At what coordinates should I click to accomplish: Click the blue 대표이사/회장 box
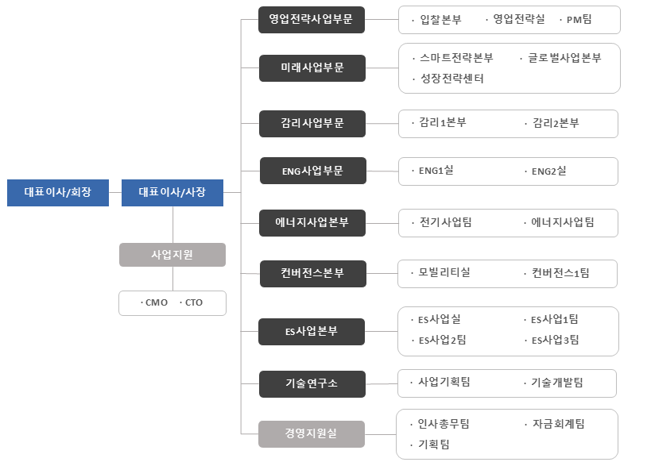58,192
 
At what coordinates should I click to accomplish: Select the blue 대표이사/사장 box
172,192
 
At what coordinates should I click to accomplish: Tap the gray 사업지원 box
172,255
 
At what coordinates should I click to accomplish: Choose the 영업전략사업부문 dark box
312,20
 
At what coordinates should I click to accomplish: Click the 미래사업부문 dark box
312,68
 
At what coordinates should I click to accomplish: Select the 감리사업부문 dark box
312,124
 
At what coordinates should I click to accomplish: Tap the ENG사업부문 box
313,171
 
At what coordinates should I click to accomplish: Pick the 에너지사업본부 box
312,223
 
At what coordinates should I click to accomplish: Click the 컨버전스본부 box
313,274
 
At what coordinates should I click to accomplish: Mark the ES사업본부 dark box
312,332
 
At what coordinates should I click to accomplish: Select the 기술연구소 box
312,384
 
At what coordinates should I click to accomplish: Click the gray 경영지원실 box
312,434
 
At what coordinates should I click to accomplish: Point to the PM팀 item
579,20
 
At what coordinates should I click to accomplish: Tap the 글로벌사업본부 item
564,58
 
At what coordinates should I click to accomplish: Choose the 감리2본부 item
556,123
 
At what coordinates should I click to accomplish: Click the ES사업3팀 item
555,340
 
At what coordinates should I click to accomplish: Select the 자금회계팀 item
559,424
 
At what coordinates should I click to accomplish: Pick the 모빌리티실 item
444,272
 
